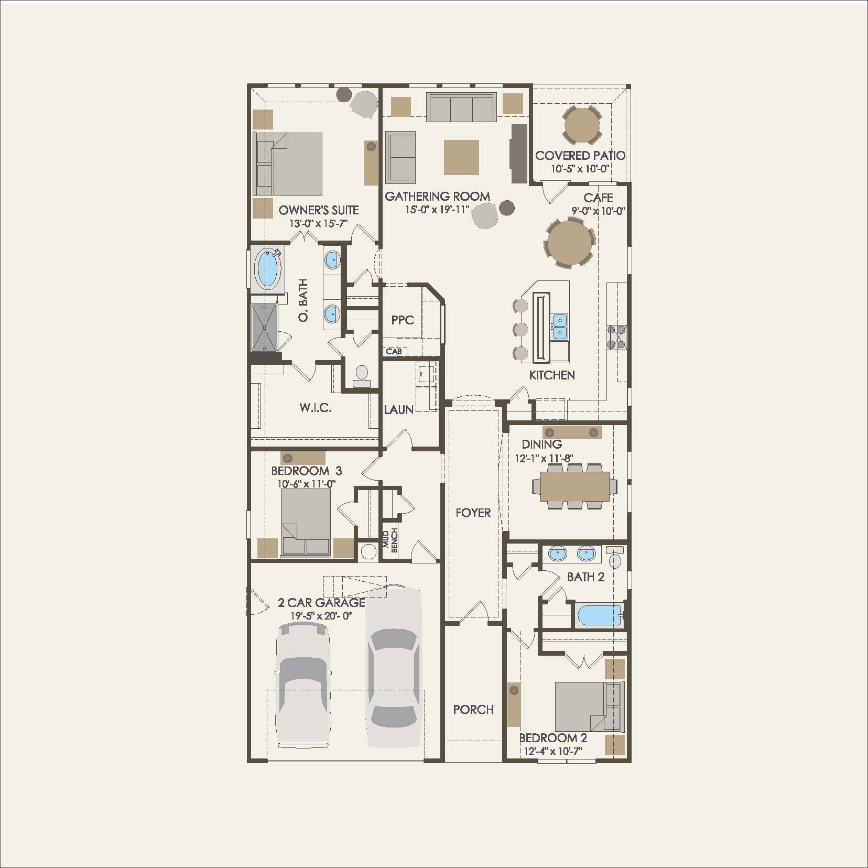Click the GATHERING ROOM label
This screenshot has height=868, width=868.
coord(438,197)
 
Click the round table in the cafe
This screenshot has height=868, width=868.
coord(570,244)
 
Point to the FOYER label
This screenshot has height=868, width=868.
coord(473,513)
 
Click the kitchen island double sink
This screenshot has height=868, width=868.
coord(559,327)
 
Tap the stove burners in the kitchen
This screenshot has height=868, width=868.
coord(616,337)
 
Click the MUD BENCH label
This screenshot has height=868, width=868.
coord(390,540)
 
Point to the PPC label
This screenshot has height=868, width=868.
coord(403,320)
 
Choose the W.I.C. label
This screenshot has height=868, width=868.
coord(316,408)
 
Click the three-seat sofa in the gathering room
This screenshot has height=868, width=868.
coord(461,107)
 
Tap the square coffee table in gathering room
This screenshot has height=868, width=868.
coord(461,157)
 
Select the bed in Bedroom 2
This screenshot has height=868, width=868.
coord(589,707)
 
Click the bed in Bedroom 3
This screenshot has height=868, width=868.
coord(306,522)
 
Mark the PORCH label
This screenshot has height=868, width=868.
coord(473,709)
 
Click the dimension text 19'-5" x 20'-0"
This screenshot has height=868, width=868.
coord(321,616)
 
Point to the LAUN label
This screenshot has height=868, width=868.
coord(399,409)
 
